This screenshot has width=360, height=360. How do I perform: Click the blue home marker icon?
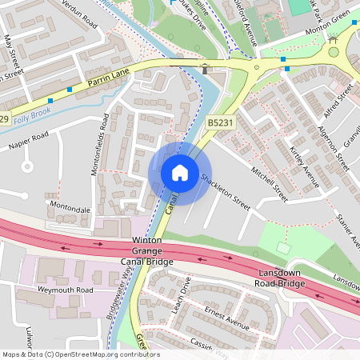click(x=180, y=172)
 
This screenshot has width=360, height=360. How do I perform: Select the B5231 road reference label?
click(x=221, y=122)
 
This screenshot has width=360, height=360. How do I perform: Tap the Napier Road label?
click(x=29, y=143)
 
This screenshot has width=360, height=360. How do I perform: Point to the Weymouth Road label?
click(x=65, y=289)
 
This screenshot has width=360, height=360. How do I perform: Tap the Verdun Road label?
click(x=80, y=15)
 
